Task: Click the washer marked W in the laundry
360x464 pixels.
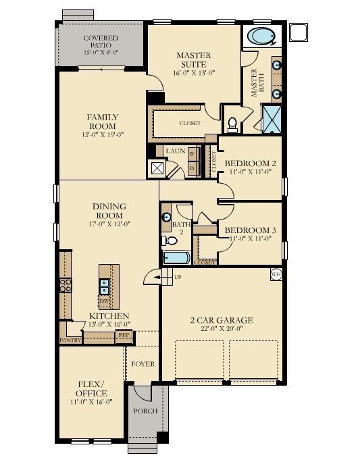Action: coord(192,153)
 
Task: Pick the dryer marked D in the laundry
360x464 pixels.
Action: coord(192,167)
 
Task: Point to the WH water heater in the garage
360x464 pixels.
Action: coord(276,275)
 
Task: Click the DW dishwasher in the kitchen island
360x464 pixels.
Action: coord(105,301)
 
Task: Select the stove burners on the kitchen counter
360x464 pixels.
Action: coord(66,285)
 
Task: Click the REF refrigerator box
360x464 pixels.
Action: coord(124,334)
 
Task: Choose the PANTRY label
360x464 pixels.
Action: coord(71,340)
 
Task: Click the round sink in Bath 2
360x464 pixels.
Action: coord(166,217)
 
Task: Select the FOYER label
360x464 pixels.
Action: coord(143,364)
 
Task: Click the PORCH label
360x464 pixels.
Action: coord(145,411)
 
